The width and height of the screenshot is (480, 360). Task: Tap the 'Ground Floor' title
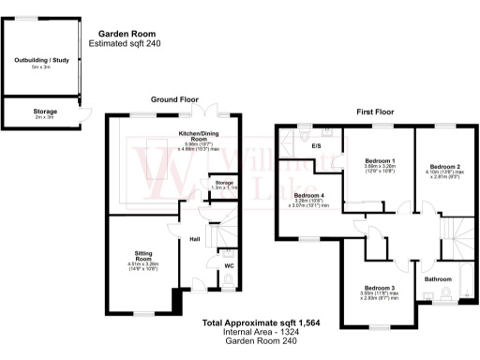[x=174, y=97]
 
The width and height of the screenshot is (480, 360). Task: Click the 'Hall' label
[x=195, y=239]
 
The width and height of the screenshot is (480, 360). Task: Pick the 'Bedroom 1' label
[x=380, y=160]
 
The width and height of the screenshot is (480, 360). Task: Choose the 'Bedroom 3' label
[x=379, y=287]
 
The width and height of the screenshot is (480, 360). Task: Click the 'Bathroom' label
[x=438, y=278]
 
